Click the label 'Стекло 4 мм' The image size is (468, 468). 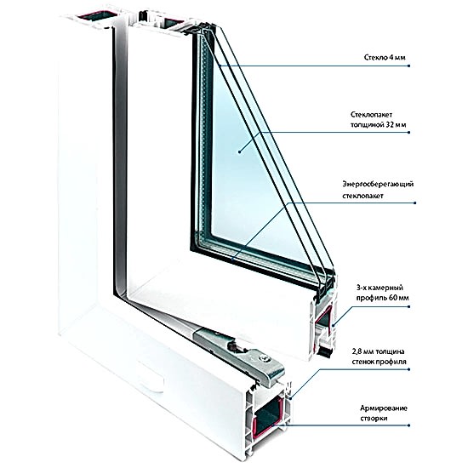[x=385, y=57]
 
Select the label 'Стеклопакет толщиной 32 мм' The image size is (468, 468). [x=378, y=119]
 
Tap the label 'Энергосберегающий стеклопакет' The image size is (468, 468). [x=378, y=190]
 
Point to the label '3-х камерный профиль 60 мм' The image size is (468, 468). [x=382, y=293]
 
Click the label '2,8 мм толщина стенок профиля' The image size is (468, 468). [x=379, y=357]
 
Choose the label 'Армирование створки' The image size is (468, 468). [x=384, y=413]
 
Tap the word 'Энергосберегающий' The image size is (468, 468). [x=378, y=184]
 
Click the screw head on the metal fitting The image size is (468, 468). [x=263, y=358]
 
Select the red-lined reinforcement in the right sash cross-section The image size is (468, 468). [x=324, y=318]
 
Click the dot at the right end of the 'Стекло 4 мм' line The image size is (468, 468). [x=409, y=66]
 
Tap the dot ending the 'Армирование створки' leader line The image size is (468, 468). [x=409, y=425]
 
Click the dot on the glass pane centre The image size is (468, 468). [x=239, y=152]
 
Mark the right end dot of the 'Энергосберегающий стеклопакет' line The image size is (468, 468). [x=415, y=203]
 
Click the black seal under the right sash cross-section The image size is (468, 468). [x=325, y=352]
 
